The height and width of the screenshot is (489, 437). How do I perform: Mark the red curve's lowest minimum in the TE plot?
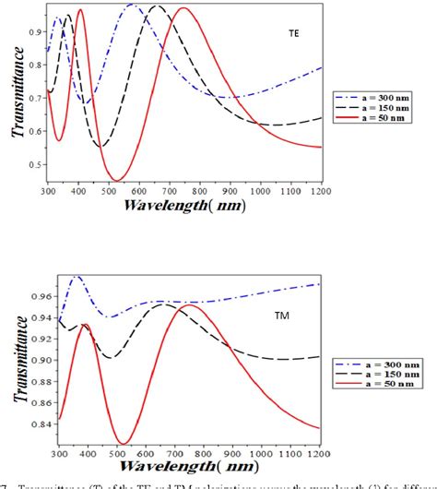tap(117, 180)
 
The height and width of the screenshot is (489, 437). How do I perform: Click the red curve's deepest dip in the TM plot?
tap(120, 443)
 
